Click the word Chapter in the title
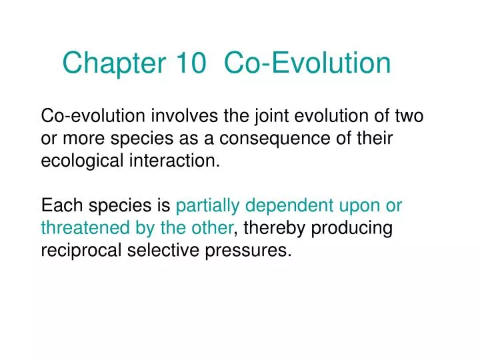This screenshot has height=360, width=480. (115, 63)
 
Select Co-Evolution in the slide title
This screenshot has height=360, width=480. (307, 63)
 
